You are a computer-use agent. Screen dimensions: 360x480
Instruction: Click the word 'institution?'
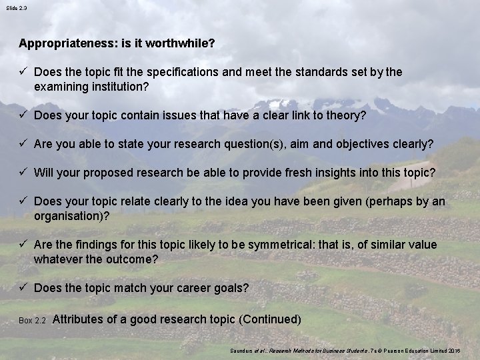coord(117,86)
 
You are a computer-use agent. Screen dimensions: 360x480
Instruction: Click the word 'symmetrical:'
coord(257,245)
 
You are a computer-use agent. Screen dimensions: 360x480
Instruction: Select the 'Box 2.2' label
coord(31,321)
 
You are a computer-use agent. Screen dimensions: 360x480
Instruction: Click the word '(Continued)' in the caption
coord(269,319)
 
